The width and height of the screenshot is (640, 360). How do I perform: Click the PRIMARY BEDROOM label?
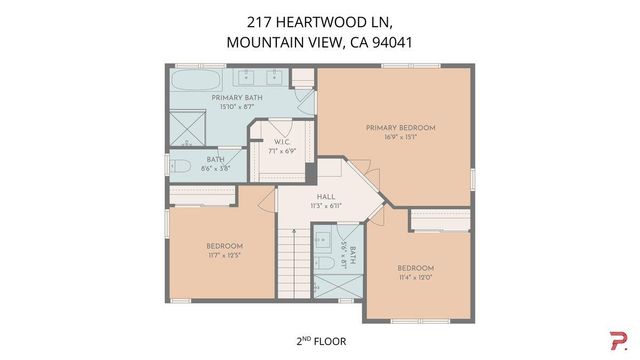(x=400, y=127)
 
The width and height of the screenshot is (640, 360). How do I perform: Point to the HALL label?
(x=326, y=196)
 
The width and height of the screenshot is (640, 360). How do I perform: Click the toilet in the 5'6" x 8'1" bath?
(x=325, y=263)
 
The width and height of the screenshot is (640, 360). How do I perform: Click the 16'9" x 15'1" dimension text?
(x=400, y=138)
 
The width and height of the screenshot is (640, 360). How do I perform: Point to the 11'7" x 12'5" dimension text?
(x=225, y=255)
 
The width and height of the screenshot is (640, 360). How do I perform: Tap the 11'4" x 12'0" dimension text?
(x=415, y=278)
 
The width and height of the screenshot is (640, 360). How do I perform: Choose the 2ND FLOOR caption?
(x=320, y=341)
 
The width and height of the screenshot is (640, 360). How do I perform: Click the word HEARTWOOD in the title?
(x=316, y=21)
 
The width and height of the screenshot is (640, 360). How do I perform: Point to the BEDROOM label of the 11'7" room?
(x=225, y=245)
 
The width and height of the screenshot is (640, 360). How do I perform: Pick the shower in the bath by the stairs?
(x=325, y=286)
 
